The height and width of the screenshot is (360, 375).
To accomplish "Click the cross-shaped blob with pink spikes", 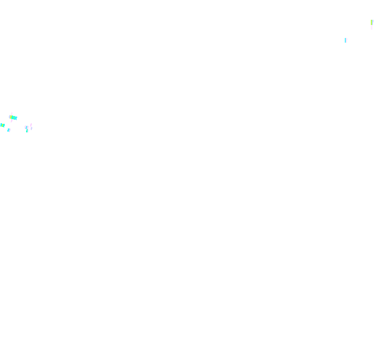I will click(x=13, y=118).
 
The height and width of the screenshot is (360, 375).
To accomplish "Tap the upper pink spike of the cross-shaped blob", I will click(x=11, y=113).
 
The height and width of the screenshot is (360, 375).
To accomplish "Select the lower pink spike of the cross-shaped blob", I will click(x=11, y=121).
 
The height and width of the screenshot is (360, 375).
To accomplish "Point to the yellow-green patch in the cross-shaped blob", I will click(x=11, y=117).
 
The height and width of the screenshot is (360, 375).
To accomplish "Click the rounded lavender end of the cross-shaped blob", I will click(x=9, y=117).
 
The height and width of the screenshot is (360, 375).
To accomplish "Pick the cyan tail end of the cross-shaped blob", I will click(x=16, y=118).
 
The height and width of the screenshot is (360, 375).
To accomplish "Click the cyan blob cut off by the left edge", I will click(x=3, y=125).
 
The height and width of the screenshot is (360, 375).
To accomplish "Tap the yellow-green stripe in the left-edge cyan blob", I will click(x=2, y=125).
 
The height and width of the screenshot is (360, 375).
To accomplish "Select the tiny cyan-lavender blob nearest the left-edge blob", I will click(x=9, y=130).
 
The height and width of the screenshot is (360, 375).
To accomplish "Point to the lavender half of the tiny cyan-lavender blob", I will click(x=10, y=130).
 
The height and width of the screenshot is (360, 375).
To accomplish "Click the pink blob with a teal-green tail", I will click(x=27, y=128).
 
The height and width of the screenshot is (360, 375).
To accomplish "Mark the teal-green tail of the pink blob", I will click(x=27, y=131).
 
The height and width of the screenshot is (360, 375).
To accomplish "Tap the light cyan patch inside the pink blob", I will click(x=27, y=127).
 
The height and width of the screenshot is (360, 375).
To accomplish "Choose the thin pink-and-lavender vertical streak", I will click(x=31, y=126).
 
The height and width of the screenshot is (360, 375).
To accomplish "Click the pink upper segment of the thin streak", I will click(x=31, y=125).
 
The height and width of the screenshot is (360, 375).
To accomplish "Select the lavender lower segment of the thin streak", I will click(x=31, y=128).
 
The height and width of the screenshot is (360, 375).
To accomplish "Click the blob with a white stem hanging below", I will click(x=371, y=23).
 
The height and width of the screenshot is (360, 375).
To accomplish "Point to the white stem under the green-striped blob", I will click(x=371, y=27).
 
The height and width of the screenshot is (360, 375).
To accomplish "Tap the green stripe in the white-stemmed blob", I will click(x=371, y=22).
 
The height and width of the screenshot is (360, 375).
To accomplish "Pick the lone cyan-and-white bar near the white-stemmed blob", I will click(x=346, y=40).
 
